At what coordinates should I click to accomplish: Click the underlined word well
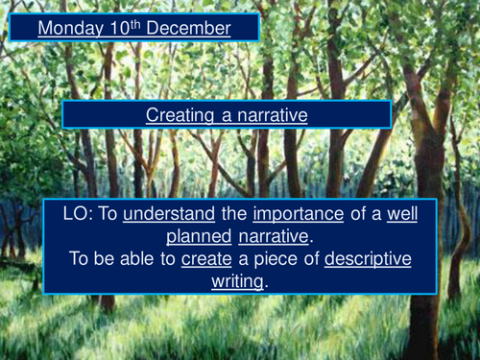[x=402, y=215]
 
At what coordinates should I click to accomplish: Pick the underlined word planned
[x=201, y=236]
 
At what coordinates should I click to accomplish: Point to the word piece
[x=277, y=258]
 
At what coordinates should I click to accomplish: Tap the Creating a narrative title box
[x=227, y=114]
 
